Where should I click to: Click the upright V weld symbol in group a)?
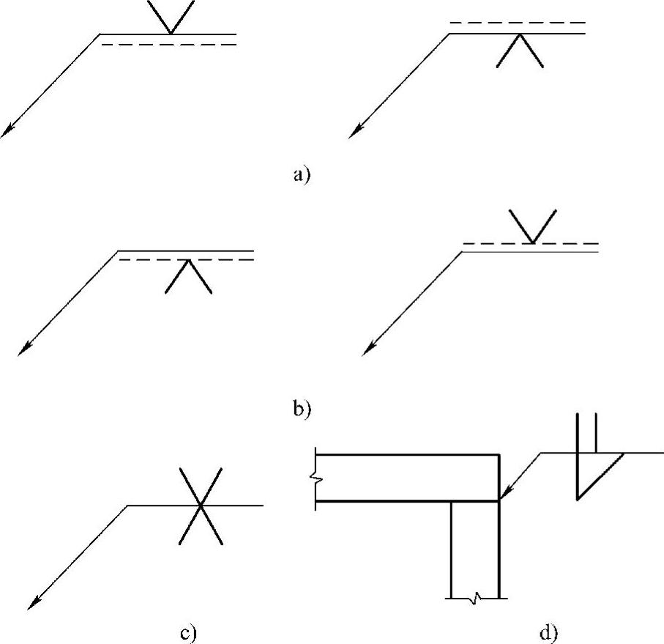pyautogui.click(x=171, y=17)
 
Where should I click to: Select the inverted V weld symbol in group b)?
pyautogui.click(x=189, y=277)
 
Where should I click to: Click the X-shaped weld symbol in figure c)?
pyautogui.click(x=200, y=506)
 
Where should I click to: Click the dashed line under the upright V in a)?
pyautogui.click(x=168, y=45)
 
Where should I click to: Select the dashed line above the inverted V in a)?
pyautogui.click(x=518, y=23)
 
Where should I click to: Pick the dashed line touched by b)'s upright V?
pyautogui.click(x=531, y=243)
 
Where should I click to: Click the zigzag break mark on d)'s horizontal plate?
pyautogui.click(x=315, y=478)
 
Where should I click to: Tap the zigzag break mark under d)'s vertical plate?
pyautogui.click(x=474, y=599)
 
